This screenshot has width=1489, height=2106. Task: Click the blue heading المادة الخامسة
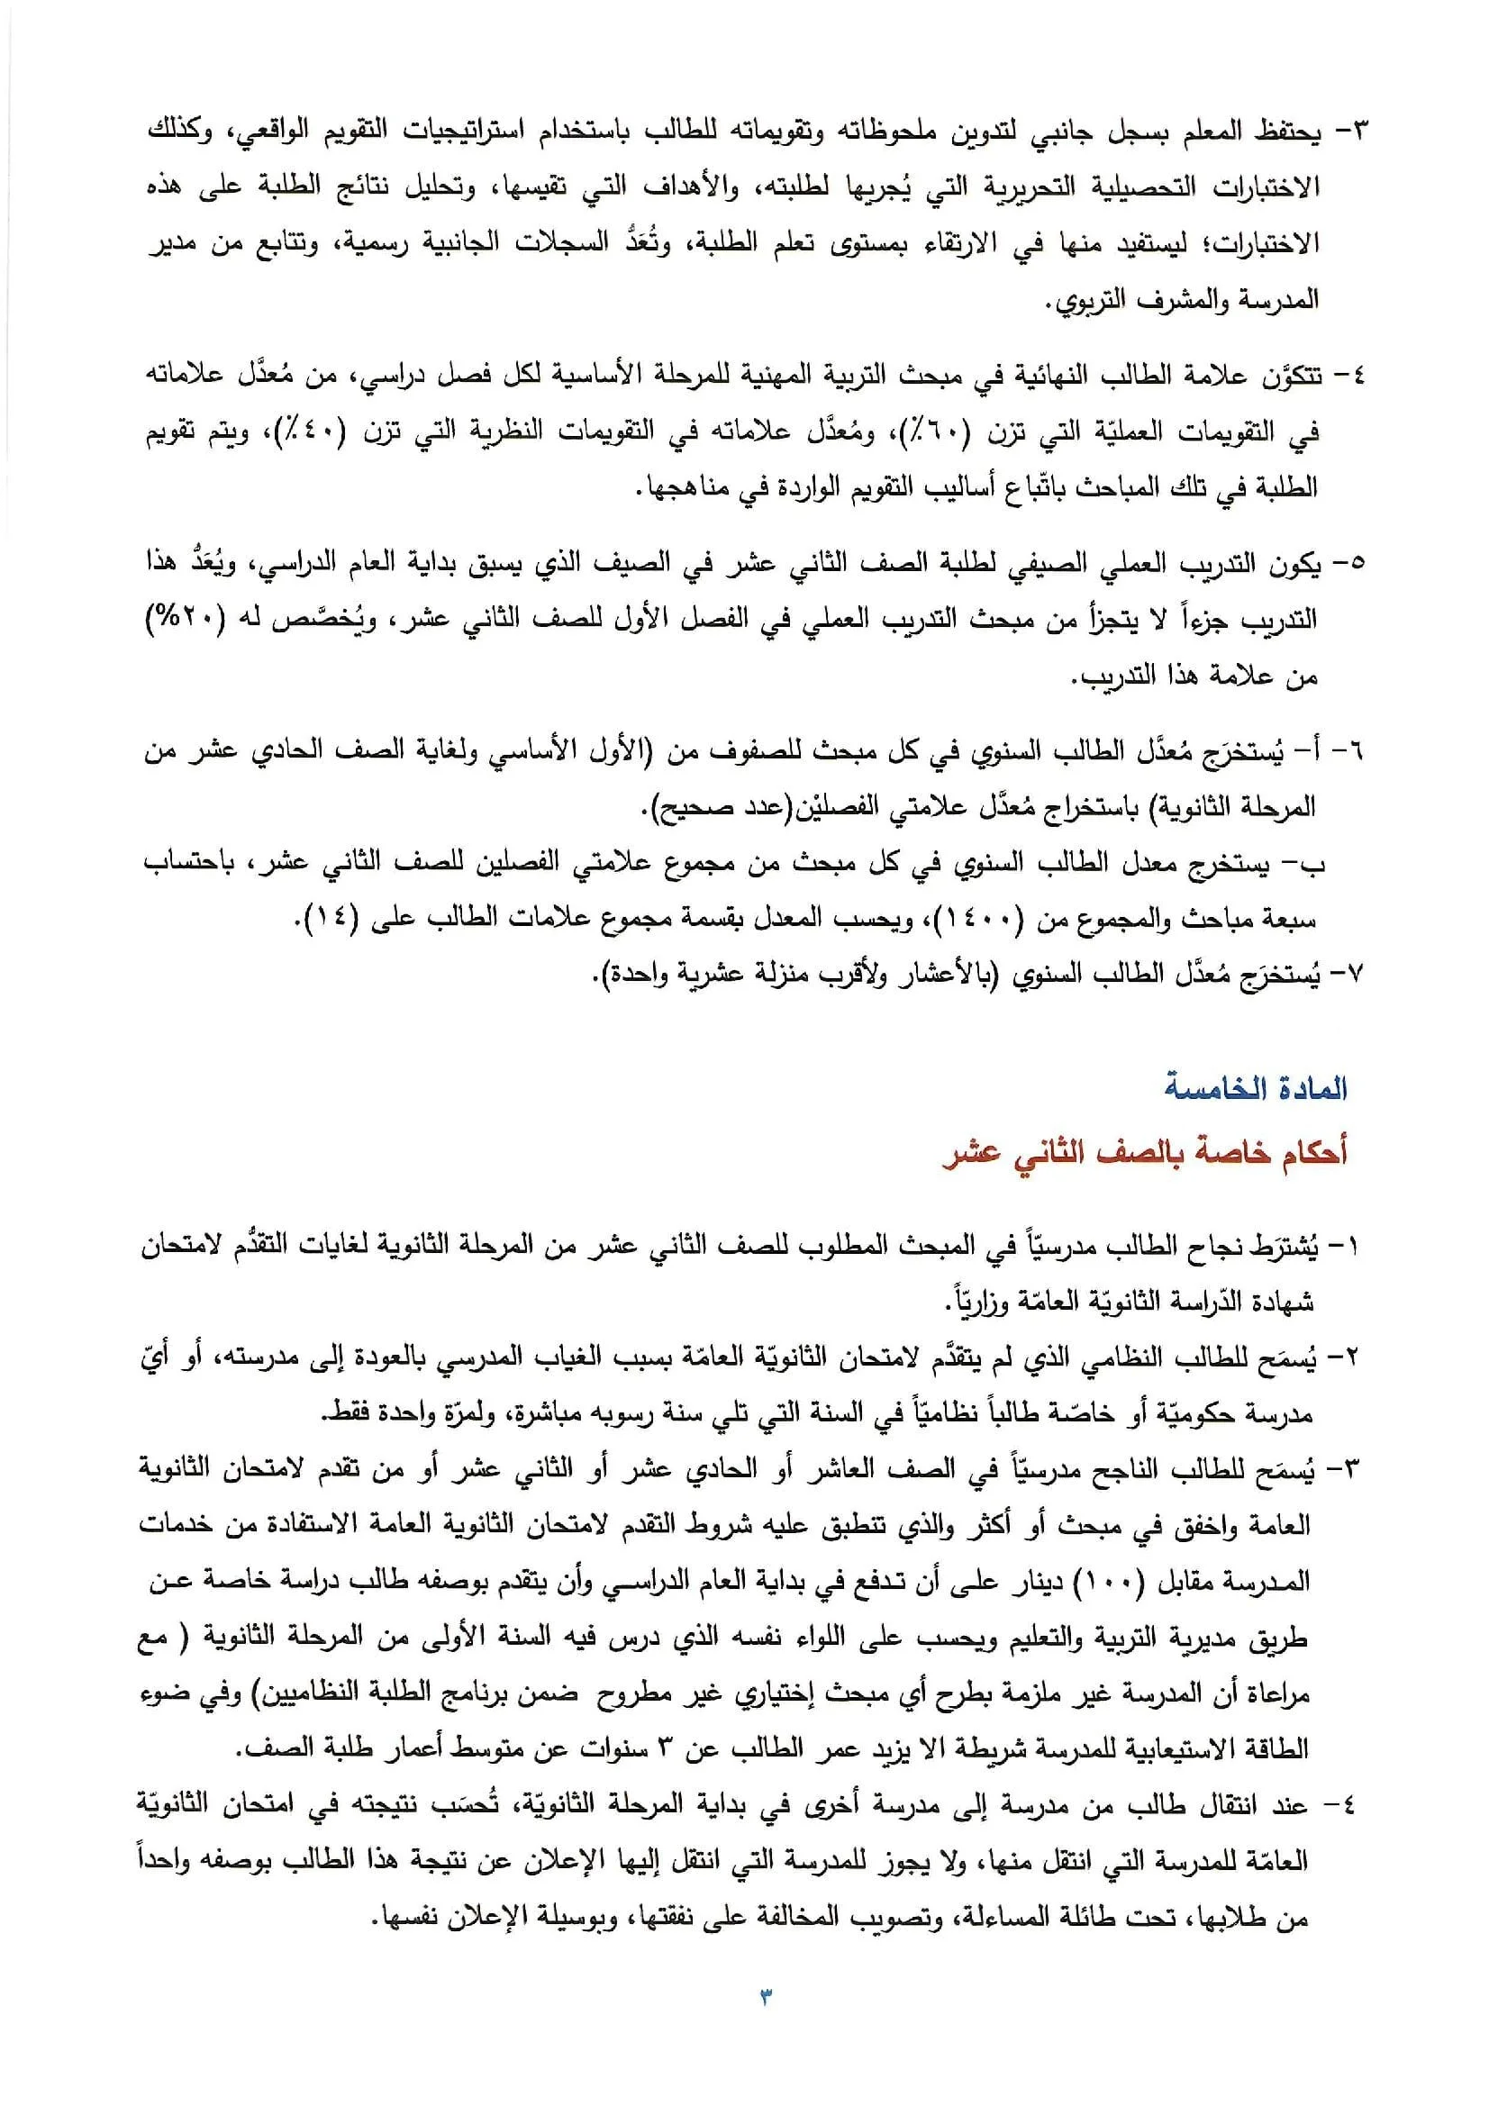(1255, 1089)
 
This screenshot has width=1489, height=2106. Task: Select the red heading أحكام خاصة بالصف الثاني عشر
(1145, 1153)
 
